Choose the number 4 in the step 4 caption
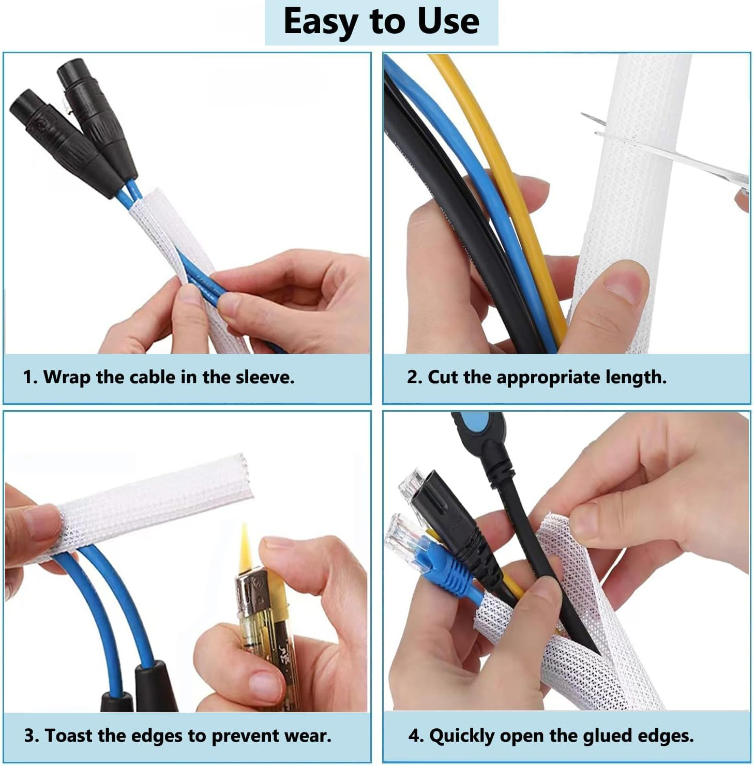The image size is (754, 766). (x=413, y=735)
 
